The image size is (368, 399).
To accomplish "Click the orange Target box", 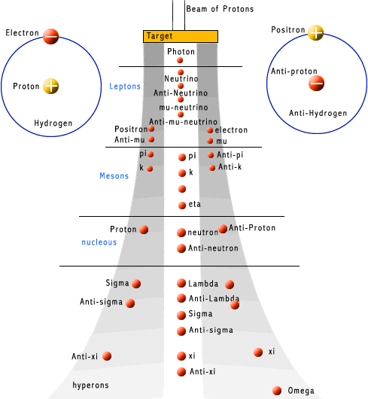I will pos(181,36).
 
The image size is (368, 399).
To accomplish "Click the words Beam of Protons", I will pos(220,9).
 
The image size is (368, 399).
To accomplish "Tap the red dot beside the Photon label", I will pos(181,60).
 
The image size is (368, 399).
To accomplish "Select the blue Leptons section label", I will pos(125,87).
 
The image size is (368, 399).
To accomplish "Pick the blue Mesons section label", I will pos(114,176).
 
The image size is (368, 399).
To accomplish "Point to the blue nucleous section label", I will pos(99,242).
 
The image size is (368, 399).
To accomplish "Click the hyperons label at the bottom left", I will pos(90,385).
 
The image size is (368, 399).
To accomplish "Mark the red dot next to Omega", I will pos(277,390).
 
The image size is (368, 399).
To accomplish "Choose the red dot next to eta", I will pos(181,205).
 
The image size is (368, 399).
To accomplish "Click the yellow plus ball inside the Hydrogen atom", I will pos(50,87).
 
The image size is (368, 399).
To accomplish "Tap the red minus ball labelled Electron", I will pos(50,35).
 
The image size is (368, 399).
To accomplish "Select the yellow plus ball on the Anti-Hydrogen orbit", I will pos(316,32).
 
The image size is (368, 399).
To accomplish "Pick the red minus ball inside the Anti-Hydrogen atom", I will pos(316,82).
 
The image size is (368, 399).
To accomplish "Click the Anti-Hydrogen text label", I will pos(318,114).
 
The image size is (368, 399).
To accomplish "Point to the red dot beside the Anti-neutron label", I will pos(181,248).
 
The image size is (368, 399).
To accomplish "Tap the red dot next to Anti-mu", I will pos(151,139).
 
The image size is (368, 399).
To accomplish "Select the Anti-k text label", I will pos(230,167).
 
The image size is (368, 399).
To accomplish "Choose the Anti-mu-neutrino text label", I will pos(184,122).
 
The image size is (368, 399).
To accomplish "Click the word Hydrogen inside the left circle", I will pos(53,123).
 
